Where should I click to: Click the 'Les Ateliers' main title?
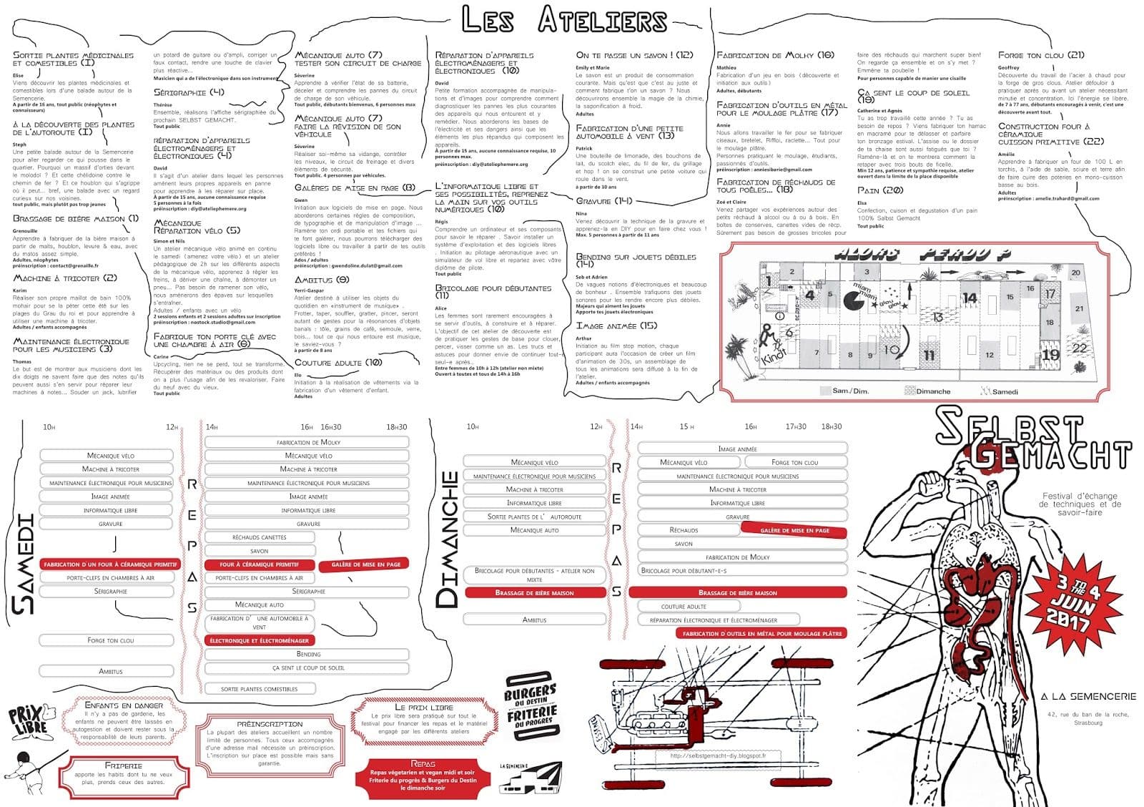pos(564,20)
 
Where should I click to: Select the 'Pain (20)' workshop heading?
pos(880,190)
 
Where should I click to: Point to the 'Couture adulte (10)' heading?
pos(338,363)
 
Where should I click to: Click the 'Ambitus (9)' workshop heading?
pos(322,280)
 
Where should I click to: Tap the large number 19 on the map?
pos(1050,354)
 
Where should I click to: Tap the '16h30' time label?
pos(330,427)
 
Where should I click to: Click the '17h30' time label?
pos(796,426)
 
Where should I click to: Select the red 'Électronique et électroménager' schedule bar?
pos(260,640)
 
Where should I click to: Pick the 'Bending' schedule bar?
pos(308,654)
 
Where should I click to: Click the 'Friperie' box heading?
pos(123,766)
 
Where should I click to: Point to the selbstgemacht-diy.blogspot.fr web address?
pos(718,755)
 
